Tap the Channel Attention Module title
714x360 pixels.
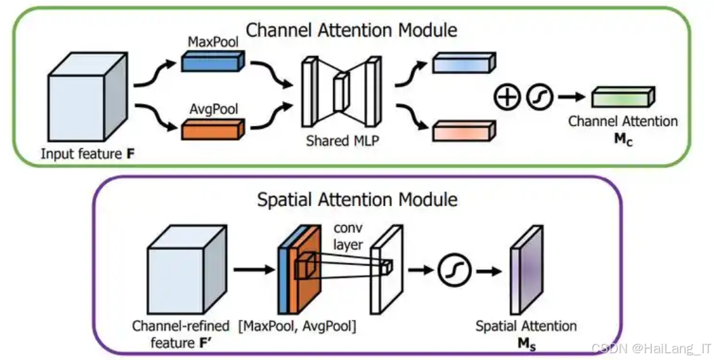coord(351,30)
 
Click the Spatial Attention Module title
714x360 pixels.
coord(357,199)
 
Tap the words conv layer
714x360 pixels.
coord(348,237)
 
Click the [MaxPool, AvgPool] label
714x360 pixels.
coord(298,326)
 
